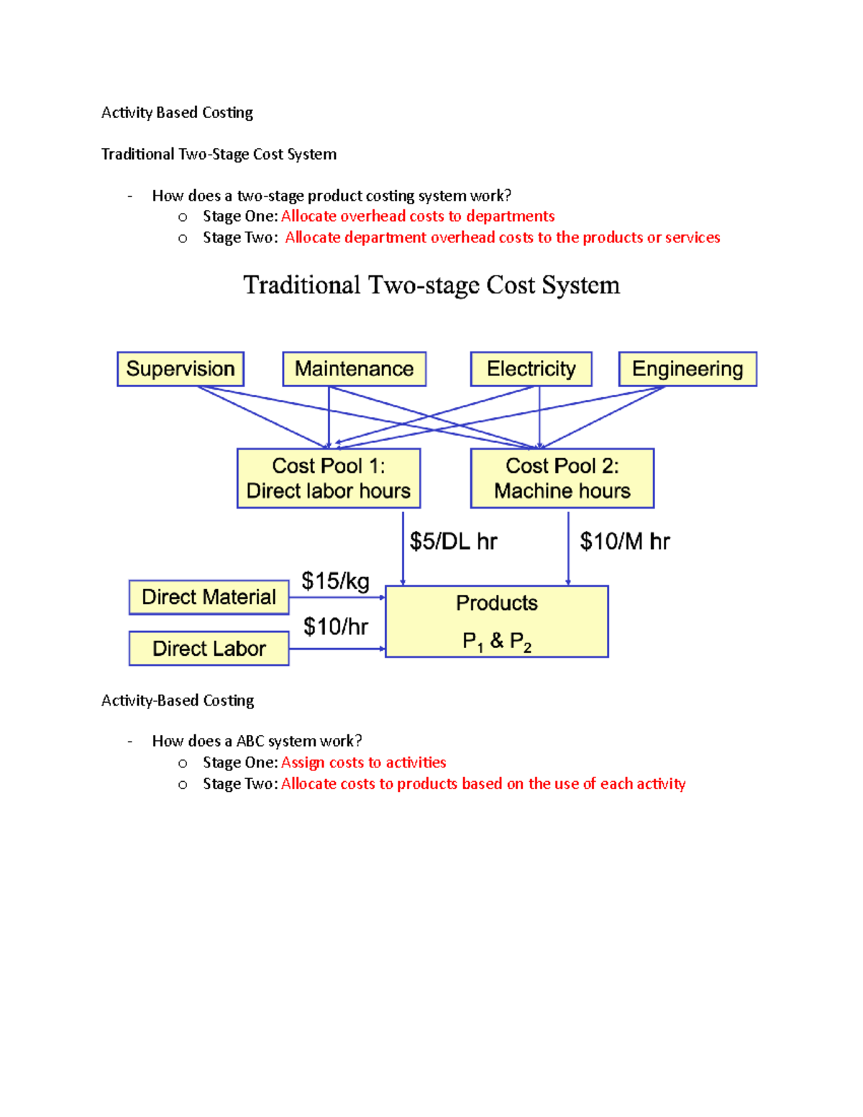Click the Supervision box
point(181,369)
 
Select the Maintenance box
point(354,369)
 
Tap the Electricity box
point(531,369)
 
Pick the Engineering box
point(688,369)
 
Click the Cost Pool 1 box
point(329,478)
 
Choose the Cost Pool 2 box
point(562,478)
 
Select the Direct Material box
point(209,597)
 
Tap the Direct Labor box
point(209,648)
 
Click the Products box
point(497,621)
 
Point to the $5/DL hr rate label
point(453,542)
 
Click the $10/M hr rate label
point(624,542)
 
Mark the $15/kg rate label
point(335,580)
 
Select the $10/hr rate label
point(335,626)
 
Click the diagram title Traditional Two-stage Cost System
point(431,286)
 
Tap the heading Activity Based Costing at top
point(177,112)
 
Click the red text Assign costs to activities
point(363,762)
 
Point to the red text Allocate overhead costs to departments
point(418,216)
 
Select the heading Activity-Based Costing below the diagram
point(178,701)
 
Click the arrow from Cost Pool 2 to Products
point(568,548)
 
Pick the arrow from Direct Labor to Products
point(337,649)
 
